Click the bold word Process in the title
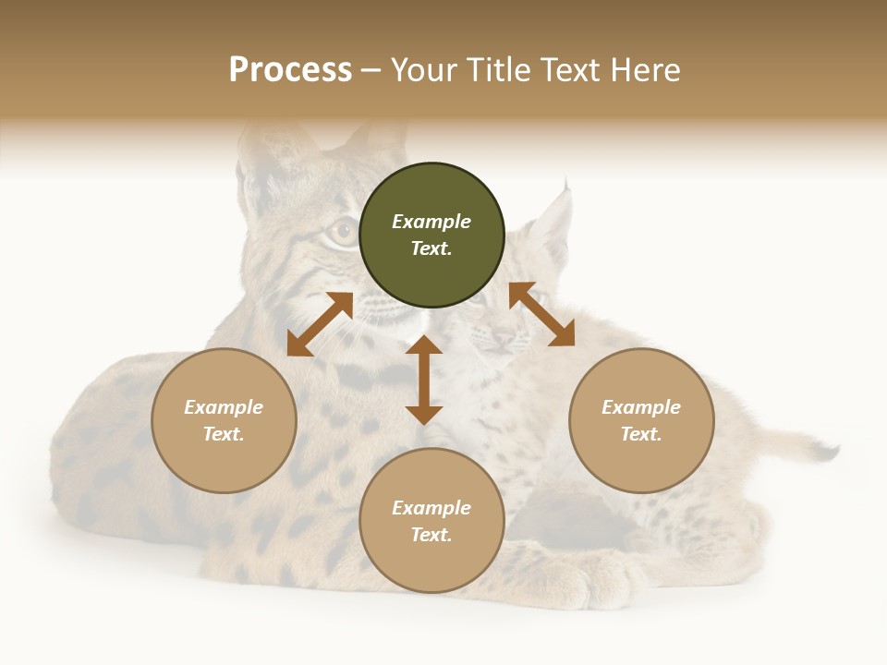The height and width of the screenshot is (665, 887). pyautogui.click(x=290, y=69)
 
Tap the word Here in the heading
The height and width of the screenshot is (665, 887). pyautogui.click(x=645, y=69)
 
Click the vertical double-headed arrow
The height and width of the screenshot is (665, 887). pyautogui.click(x=424, y=380)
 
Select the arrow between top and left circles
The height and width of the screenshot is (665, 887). pyautogui.click(x=320, y=324)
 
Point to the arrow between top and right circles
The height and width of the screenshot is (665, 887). pyautogui.click(x=541, y=314)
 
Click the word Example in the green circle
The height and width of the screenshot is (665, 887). pyautogui.click(x=431, y=222)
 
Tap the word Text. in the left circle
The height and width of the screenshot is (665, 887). pyautogui.click(x=224, y=434)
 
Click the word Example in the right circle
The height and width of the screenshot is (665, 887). pyautogui.click(x=641, y=407)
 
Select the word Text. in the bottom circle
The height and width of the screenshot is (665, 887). pyautogui.click(x=431, y=535)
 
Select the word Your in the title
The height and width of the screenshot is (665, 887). pyautogui.click(x=423, y=69)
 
